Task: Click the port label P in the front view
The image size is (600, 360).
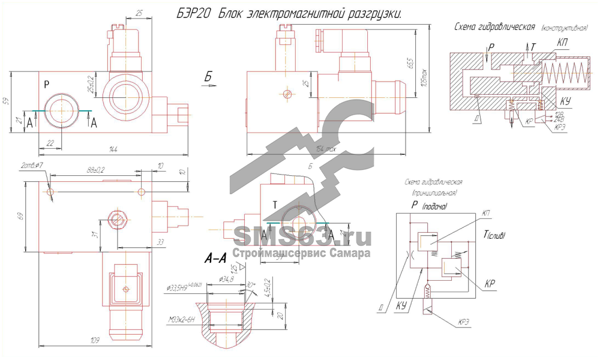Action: pos(47,84)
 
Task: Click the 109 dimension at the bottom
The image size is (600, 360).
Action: pos(94,341)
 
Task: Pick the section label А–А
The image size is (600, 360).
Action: pos(214,259)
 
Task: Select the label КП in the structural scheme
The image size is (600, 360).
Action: pos(562,43)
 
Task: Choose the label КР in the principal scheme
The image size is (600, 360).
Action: pos(490,283)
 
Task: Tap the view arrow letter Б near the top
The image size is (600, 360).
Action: pos(208,76)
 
